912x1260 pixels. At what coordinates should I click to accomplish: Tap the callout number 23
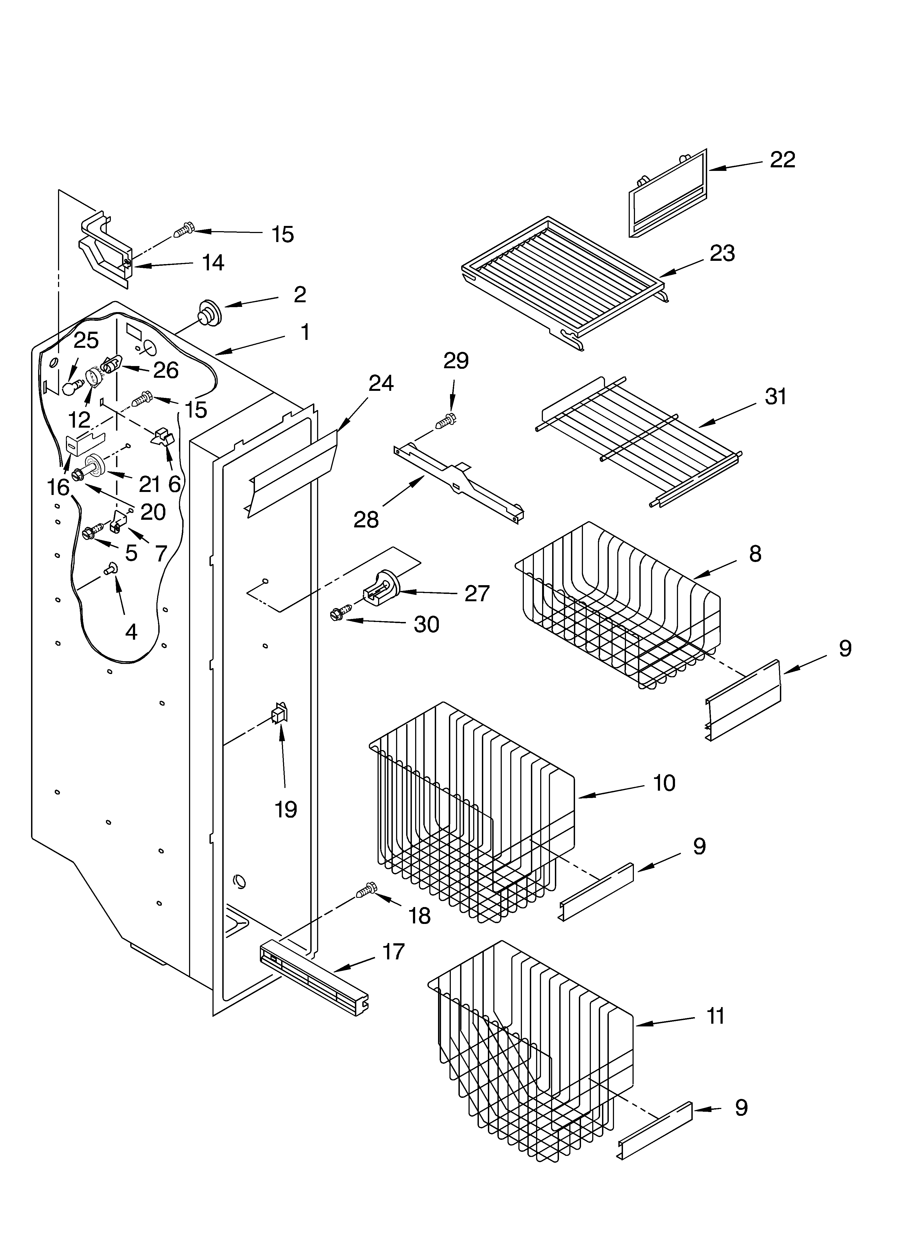722,253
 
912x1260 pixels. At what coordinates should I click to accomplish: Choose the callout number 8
755,553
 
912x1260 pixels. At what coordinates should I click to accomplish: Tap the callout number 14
213,263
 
